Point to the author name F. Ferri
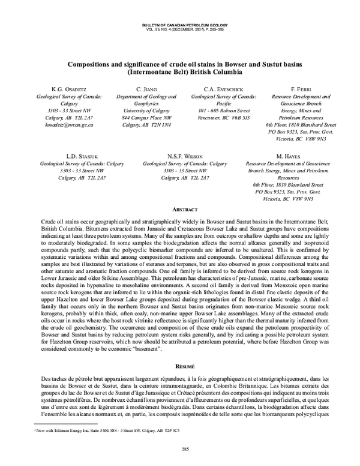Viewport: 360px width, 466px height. click(x=299, y=89)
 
